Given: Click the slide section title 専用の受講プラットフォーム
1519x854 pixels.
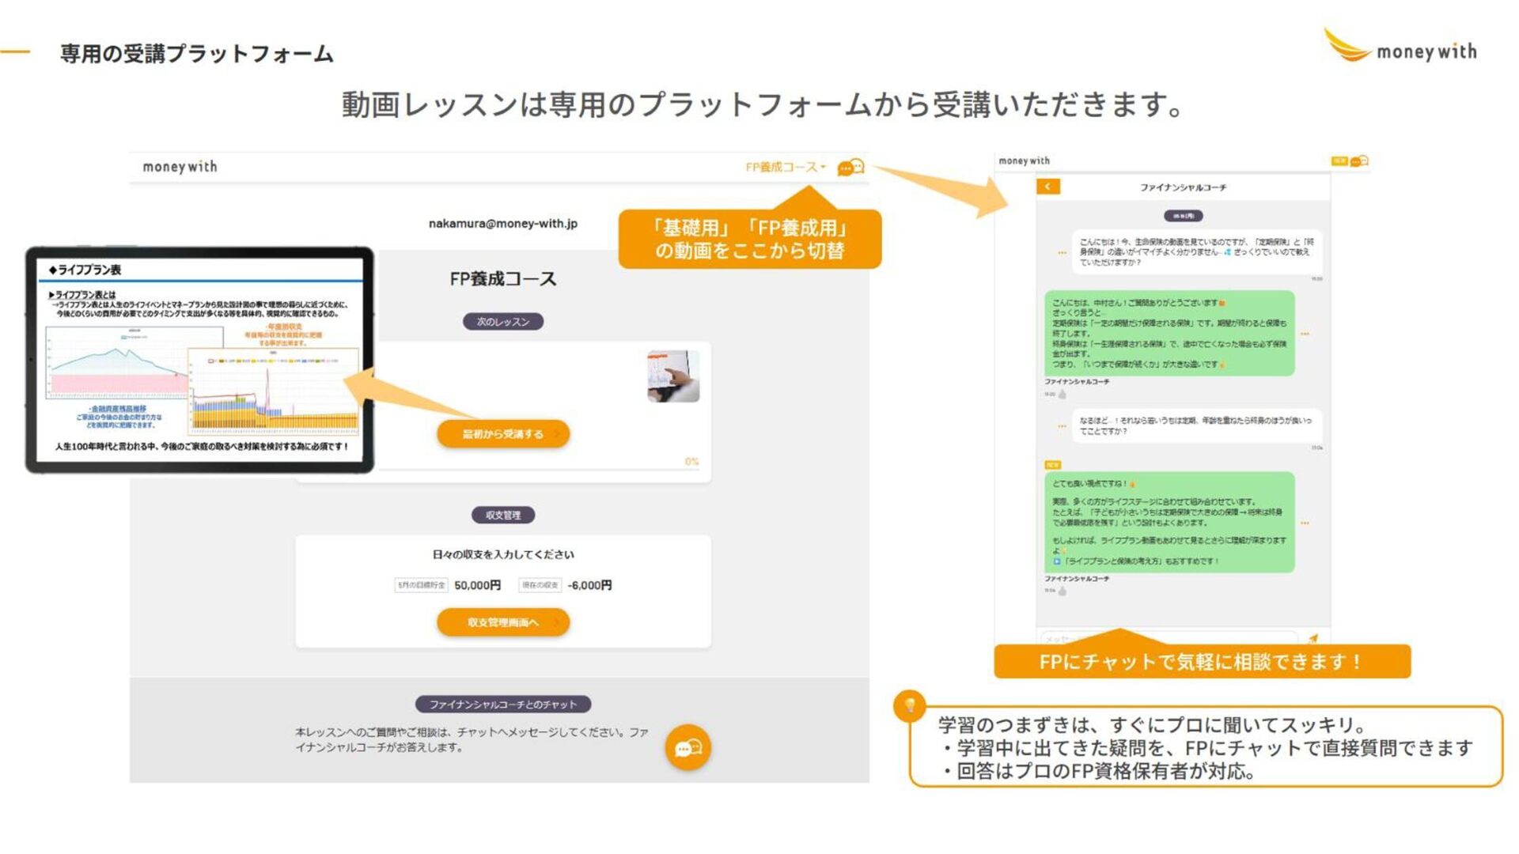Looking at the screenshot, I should tap(197, 54).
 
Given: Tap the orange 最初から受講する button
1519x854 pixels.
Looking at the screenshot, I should tap(503, 434).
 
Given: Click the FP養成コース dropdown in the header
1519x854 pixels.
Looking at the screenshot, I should tap(786, 168).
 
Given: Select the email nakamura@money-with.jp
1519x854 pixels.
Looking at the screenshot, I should tap(503, 224).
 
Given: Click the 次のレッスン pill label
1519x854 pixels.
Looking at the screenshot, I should tap(503, 322).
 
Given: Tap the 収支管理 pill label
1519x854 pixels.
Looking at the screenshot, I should tap(503, 516).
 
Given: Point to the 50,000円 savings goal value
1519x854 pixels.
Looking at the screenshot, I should tap(478, 585).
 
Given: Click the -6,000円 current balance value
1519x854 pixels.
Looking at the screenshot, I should tap(589, 585).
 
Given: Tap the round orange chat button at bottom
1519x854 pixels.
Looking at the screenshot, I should tap(688, 747).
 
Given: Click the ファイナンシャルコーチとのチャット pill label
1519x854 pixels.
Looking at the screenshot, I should tap(503, 705).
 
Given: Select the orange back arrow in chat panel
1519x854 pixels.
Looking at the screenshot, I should tap(1047, 187).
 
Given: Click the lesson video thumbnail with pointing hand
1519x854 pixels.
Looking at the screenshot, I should tap(673, 376).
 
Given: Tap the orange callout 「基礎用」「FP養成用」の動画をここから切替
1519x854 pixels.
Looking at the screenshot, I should tap(749, 239).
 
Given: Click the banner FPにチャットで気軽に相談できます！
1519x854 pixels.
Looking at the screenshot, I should tap(1202, 662).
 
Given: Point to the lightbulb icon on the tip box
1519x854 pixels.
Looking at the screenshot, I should tap(910, 705).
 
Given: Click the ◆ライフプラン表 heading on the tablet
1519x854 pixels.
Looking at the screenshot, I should tap(85, 270).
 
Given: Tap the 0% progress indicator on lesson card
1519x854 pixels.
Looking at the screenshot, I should tap(691, 462).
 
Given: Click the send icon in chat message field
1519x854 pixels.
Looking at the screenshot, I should tap(1313, 638).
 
